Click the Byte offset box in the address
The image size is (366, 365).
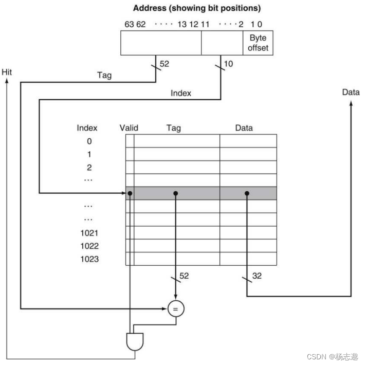click(x=258, y=43)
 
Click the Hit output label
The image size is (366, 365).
click(x=7, y=72)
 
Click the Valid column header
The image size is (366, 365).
click(x=129, y=127)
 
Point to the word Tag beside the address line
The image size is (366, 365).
click(x=104, y=75)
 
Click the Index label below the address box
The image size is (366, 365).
click(x=180, y=93)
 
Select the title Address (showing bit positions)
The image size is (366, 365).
click(x=197, y=8)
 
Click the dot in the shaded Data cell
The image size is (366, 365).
click(x=247, y=193)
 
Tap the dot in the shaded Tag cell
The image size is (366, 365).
click(x=176, y=193)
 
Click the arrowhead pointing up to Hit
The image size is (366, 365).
click(x=7, y=82)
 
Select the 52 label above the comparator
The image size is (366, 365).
click(x=184, y=276)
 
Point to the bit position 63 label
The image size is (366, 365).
click(x=129, y=24)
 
